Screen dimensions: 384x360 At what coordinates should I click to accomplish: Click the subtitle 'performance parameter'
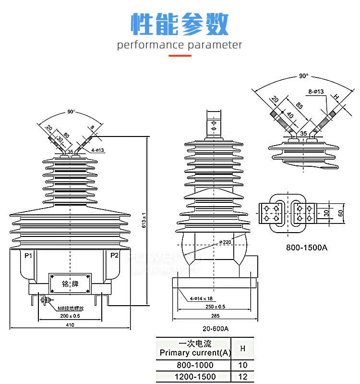(x=180, y=45)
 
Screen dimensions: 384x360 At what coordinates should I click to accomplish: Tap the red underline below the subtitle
(x=180, y=56)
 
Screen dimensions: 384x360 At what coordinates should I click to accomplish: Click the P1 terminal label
(x=27, y=255)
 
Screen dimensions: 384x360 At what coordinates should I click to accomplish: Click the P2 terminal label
(x=114, y=255)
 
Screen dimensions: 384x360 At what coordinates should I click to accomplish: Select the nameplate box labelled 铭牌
(x=70, y=284)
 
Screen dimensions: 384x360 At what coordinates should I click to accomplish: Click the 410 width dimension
(x=70, y=325)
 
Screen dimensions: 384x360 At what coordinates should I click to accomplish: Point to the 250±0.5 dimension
(x=214, y=307)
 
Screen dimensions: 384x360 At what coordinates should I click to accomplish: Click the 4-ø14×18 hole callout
(x=201, y=298)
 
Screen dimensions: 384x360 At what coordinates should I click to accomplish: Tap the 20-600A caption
(x=215, y=329)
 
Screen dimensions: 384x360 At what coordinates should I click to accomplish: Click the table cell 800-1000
(x=194, y=365)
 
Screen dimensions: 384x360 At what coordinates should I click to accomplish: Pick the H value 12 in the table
(x=242, y=376)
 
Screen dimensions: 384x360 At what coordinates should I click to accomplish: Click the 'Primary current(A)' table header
(x=195, y=353)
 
